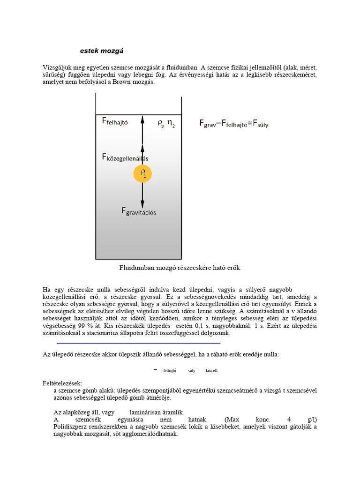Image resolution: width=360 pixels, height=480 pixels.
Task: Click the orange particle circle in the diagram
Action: click(x=142, y=174)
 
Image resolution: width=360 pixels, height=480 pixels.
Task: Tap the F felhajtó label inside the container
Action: click(x=115, y=121)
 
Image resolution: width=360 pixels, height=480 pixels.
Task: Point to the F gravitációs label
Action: click(x=139, y=211)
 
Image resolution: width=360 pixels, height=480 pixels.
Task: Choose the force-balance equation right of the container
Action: click(x=234, y=124)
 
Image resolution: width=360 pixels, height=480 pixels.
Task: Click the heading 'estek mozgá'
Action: click(x=102, y=50)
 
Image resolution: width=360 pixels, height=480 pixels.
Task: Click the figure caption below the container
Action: click(x=180, y=268)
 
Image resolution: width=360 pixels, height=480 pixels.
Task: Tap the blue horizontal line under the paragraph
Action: click(x=138, y=343)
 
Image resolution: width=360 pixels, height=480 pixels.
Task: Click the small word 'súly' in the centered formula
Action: click(x=192, y=371)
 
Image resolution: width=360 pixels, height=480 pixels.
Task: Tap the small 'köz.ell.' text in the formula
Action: click(x=212, y=371)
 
